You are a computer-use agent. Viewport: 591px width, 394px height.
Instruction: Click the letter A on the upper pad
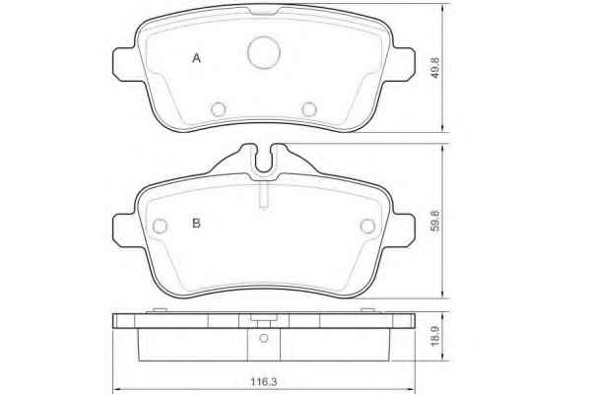196,58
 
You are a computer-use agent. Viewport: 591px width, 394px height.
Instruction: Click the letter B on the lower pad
196,224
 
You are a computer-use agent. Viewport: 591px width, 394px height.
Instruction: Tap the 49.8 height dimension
435,68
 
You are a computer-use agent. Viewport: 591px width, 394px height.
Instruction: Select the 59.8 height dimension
435,221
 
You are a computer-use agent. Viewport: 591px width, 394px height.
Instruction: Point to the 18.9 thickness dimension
435,336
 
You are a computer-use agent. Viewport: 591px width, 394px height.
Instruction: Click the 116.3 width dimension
264,382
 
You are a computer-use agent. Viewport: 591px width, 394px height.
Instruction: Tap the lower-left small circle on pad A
219,109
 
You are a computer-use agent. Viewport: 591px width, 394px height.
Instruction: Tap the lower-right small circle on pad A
309,109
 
